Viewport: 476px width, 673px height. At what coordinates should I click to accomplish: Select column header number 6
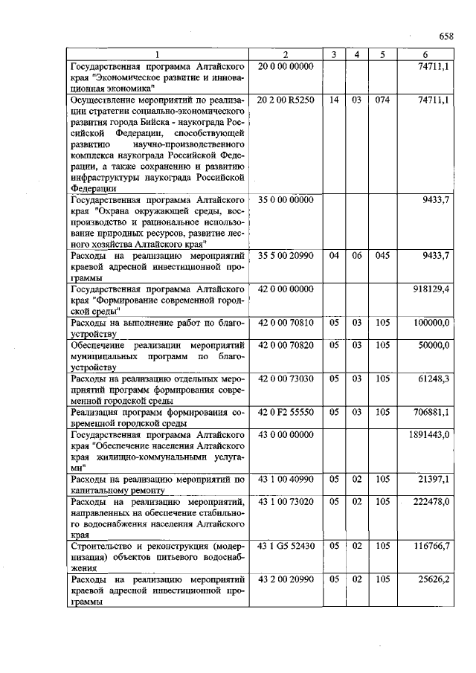[x=425, y=54]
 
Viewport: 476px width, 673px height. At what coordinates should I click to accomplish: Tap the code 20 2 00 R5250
[x=286, y=99]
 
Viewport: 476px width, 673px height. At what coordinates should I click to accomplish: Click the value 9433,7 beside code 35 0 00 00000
[x=435, y=200]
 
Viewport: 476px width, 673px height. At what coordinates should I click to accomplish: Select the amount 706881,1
[x=431, y=411]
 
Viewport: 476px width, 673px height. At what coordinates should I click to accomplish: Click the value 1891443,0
[x=428, y=434]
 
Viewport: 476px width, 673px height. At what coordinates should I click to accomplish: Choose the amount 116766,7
[x=431, y=546]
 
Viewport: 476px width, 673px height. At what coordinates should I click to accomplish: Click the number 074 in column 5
[x=382, y=99]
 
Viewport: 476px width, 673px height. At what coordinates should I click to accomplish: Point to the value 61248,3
[x=434, y=379]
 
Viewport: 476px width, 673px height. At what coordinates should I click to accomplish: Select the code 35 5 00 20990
[x=286, y=256]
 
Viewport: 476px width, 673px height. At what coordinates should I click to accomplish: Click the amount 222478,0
[x=431, y=503]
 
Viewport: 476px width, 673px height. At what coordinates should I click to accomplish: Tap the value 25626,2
[x=434, y=579]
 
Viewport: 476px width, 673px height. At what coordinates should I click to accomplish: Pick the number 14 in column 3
[x=334, y=99]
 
